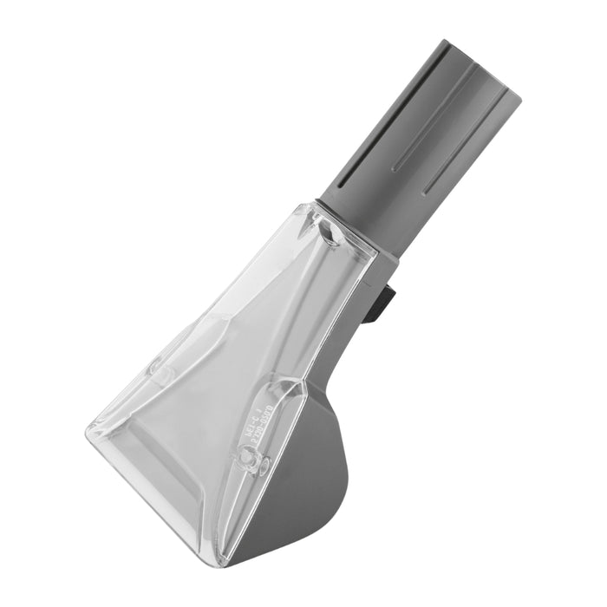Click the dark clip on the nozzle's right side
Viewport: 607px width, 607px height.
click(x=382, y=303)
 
